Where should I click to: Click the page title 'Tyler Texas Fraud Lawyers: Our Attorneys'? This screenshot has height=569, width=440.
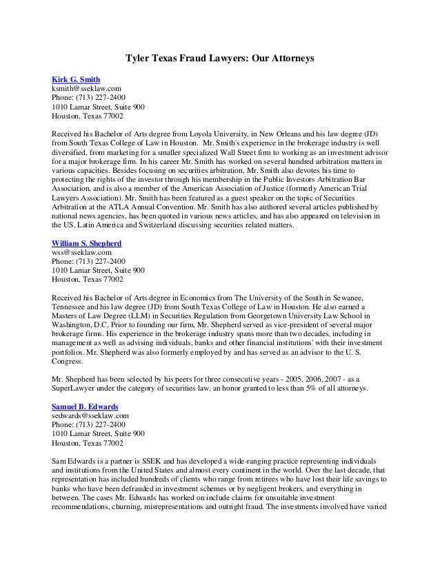[x=219, y=60]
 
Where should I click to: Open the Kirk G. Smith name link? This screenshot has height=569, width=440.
[x=77, y=79]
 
